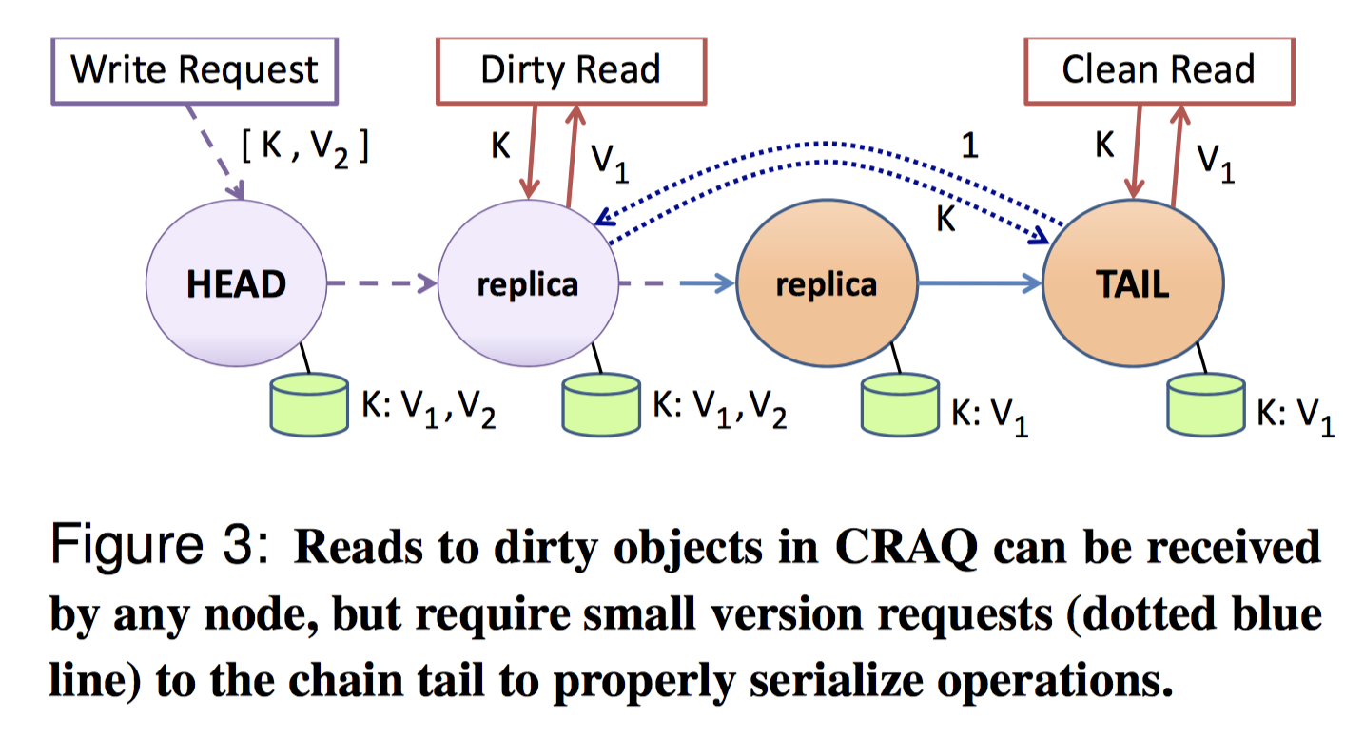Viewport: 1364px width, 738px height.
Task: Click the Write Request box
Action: click(x=195, y=70)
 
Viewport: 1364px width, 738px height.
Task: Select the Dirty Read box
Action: click(x=570, y=69)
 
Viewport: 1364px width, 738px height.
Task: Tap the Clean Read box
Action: click(x=1158, y=69)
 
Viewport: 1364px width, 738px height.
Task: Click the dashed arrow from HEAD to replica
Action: click(x=380, y=282)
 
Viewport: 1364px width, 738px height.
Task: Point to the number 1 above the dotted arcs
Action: click(x=969, y=147)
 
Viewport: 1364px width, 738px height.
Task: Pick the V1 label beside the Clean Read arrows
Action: click(x=1214, y=164)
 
